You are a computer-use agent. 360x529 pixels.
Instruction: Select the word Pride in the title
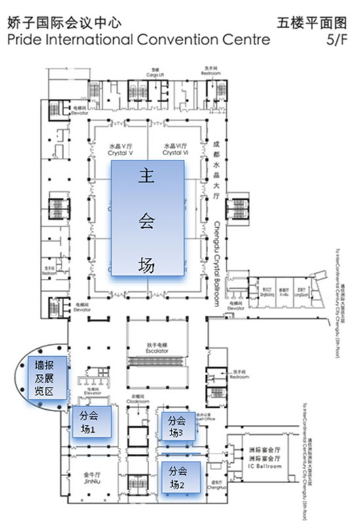coord(26,41)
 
